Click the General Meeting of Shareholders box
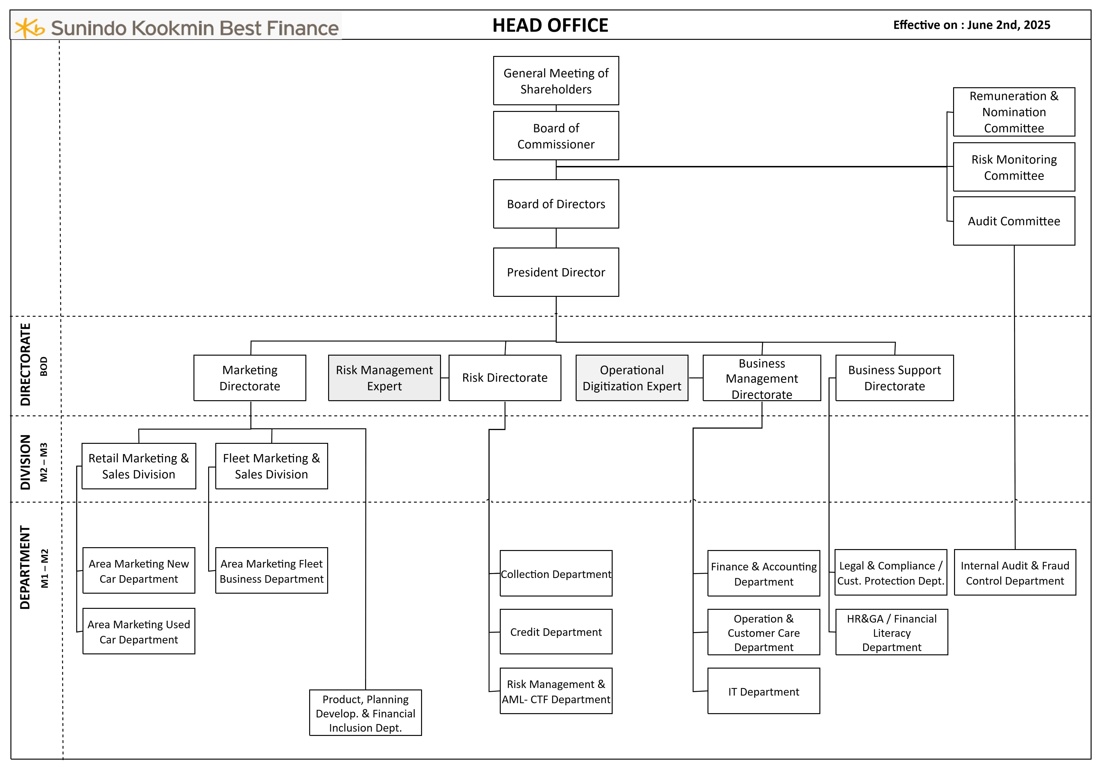[x=556, y=81]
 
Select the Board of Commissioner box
[x=556, y=136]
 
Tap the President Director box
[x=556, y=272]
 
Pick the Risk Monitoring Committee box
[x=1014, y=167]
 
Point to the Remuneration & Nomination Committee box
[x=1014, y=112]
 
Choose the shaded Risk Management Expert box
[x=384, y=378]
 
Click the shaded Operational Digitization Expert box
[x=632, y=378]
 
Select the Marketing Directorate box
[x=250, y=378]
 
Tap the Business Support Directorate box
[x=894, y=378]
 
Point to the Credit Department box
[x=556, y=632]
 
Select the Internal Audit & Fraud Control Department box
[x=1015, y=573]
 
